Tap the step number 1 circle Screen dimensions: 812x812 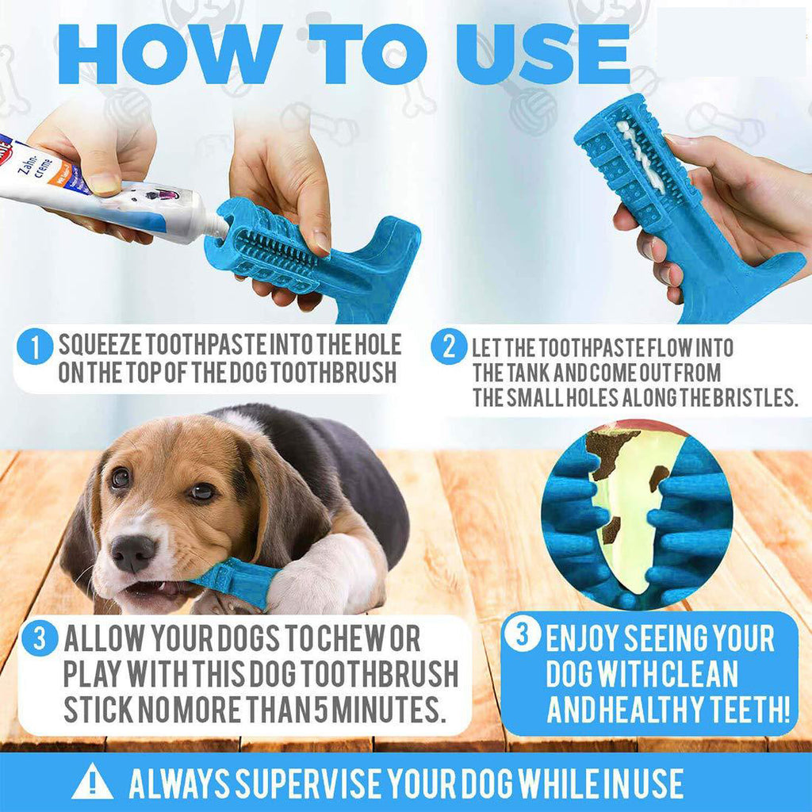pyautogui.click(x=35, y=347)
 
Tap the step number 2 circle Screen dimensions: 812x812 pyautogui.click(x=449, y=347)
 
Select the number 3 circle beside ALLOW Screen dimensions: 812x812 pyautogui.click(x=40, y=639)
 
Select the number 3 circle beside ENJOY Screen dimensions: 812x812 pyautogui.click(x=523, y=632)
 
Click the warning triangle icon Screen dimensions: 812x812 pyautogui.click(x=92, y=781)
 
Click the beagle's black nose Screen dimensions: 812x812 pyautogui.click(x=132, y=552)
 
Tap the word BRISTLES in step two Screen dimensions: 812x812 pyautogui.click(x=754, y=398)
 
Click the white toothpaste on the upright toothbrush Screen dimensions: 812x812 pyautogui.click(x=642, y=156)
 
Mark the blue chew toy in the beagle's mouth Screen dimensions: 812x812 pyautogui.click(x=233, y=583)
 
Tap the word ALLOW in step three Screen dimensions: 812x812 pyautogui.click(x=103, y=638)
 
